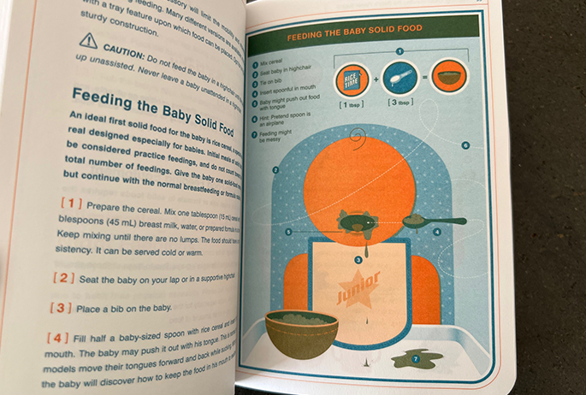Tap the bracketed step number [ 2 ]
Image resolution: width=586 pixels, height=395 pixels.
(63, 278)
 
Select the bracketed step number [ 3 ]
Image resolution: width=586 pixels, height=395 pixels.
(62, 306)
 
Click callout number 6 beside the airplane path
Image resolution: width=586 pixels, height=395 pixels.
(465, 145)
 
